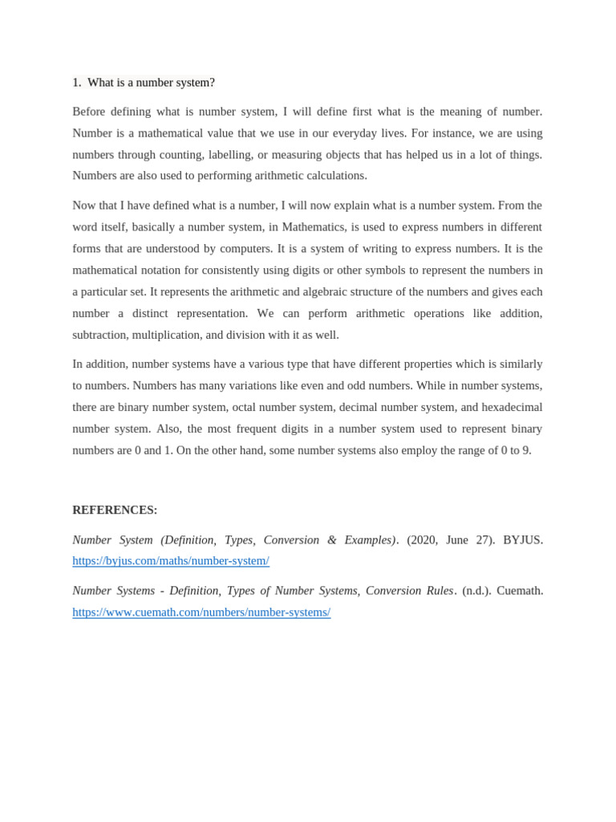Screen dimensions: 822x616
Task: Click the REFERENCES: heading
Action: click(x=115, y=510)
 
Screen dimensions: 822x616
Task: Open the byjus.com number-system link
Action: click(x=171, y=560)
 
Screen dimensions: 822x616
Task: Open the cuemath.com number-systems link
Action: click(x=201, y=612)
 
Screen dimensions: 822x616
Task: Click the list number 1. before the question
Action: click(x=77, y=83)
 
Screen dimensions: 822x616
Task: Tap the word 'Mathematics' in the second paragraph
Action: click(x=313, y=226)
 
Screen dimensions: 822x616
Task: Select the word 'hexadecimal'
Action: click(x=512, y=407)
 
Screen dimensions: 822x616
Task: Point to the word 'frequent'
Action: click(x=279, y=429)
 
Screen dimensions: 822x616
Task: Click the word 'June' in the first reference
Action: click(x=457, y=539)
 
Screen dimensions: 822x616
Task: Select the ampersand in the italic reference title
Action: click(x=331, y=539)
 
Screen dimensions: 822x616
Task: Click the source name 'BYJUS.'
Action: click(x=523, y=539)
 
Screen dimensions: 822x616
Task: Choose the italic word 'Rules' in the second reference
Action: click(x=440, y=590)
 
